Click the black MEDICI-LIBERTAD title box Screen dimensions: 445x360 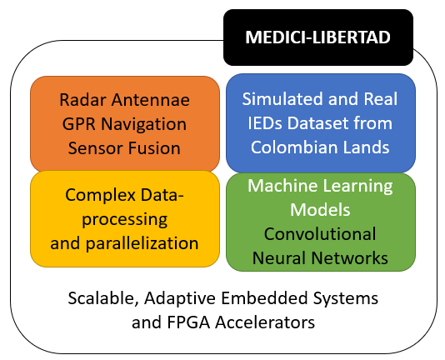coord(318,37)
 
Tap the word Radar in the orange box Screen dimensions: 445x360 coord(83,100)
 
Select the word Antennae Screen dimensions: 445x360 coord(151,100)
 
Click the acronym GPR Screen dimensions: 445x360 coord(79,124)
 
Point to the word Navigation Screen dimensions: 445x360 coord(144,125)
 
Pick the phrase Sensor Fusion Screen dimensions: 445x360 coord(124,148)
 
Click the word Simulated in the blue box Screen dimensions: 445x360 coord(282,99)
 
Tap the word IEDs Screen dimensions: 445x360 coord(265,123)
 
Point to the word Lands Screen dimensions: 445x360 coord(366,147)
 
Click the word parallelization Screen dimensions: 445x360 coord(142,243)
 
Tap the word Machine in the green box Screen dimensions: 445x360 coord(282,186)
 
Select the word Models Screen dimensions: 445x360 coord(320,210)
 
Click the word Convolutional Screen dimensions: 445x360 coord(320,234)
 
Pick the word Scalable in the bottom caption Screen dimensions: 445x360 coord(103,299)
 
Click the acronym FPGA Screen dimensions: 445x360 coord(188,322)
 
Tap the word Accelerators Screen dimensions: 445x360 coord(265,322)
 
